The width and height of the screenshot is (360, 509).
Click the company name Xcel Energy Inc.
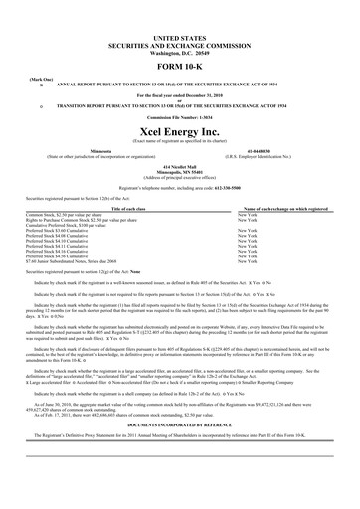[179, 118]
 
